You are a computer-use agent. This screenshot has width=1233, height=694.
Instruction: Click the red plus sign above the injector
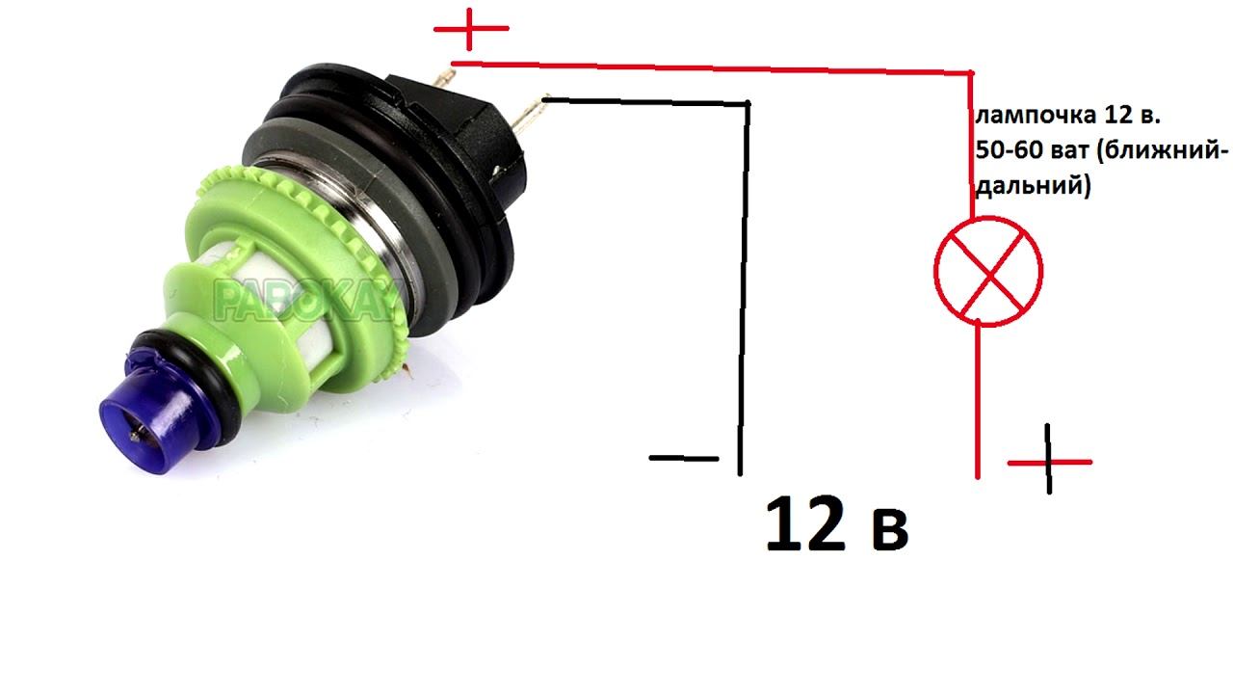point(470,29)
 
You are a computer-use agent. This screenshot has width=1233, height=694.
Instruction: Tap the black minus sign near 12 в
point(684,458)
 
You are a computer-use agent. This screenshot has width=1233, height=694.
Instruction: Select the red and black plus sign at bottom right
point(1049,461)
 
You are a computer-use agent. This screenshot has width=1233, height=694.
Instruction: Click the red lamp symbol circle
point(988,271)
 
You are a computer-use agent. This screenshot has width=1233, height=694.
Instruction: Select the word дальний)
point(1033,186)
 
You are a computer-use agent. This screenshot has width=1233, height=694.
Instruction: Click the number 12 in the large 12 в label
point(804,523)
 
